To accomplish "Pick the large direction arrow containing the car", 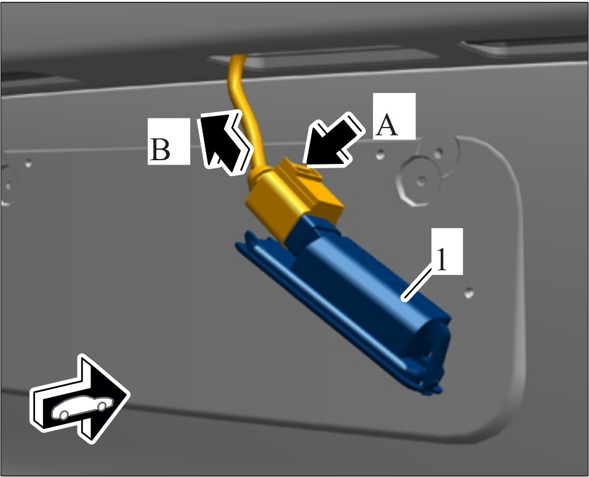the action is click(79, 399).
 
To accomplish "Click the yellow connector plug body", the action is click(294, 200).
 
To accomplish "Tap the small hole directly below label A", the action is click(380, 154).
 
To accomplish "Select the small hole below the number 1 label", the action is click(469, 293).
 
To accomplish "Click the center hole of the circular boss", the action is click(422, 181).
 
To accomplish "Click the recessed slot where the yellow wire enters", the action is click(323, 57).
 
